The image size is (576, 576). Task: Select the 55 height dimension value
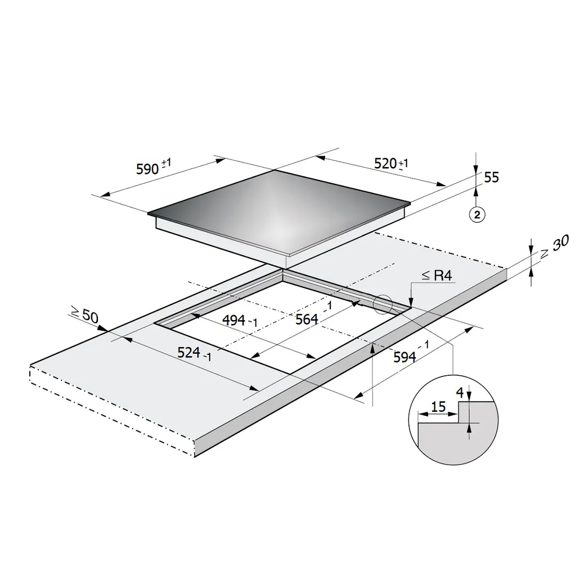point(491,177)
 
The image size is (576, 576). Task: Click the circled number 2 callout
point(477,214)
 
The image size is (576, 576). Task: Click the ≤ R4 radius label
point(436,275)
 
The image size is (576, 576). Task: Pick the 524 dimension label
point(194,354)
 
